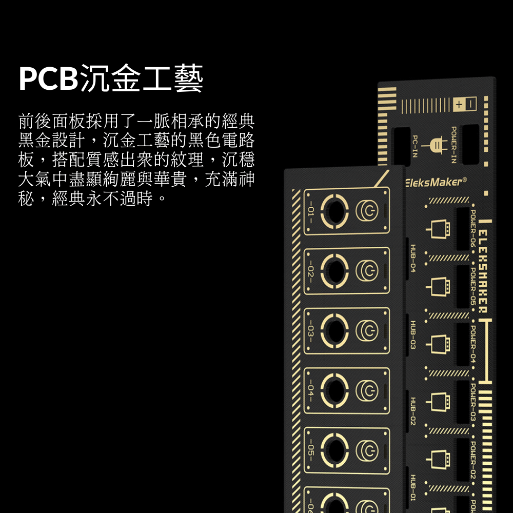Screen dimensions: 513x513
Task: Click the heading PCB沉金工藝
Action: [x=111, y=79]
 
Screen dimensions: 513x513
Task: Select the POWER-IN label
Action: [x=453, y=145]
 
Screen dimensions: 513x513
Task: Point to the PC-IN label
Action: [x=415, y=147]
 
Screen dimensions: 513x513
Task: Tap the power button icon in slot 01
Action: [x=367, y=210]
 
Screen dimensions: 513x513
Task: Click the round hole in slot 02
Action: [x=334, y=270]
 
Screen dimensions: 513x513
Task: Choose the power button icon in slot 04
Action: [x=367, y=391]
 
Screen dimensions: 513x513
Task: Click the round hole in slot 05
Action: [x=334, y=450]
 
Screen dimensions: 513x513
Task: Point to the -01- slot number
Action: [x=311, y=211]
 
